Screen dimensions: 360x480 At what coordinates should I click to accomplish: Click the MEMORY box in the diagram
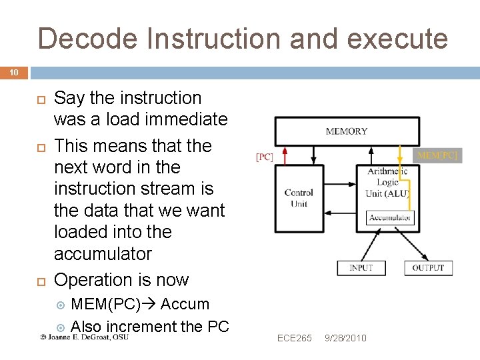click(347, 131)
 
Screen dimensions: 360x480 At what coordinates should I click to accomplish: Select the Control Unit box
click(299, 198)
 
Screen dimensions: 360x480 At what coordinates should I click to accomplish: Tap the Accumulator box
click(391, 217)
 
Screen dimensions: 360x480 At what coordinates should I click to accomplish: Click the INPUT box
click(361, 268)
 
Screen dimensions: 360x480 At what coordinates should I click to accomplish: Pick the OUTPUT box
click(428, 268)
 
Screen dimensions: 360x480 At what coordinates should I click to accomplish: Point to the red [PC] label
click(265, 157)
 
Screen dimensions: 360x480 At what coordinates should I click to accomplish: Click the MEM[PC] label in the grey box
click(437, 156)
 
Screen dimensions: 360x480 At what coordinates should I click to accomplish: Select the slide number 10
click(13, 72)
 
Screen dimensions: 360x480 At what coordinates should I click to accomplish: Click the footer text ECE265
click(295, 339)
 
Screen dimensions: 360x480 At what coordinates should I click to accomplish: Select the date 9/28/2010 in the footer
click(345, 339)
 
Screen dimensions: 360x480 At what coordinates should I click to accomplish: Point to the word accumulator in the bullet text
click(103, 254)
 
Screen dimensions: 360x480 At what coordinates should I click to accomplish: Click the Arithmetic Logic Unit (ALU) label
click(387, 182)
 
